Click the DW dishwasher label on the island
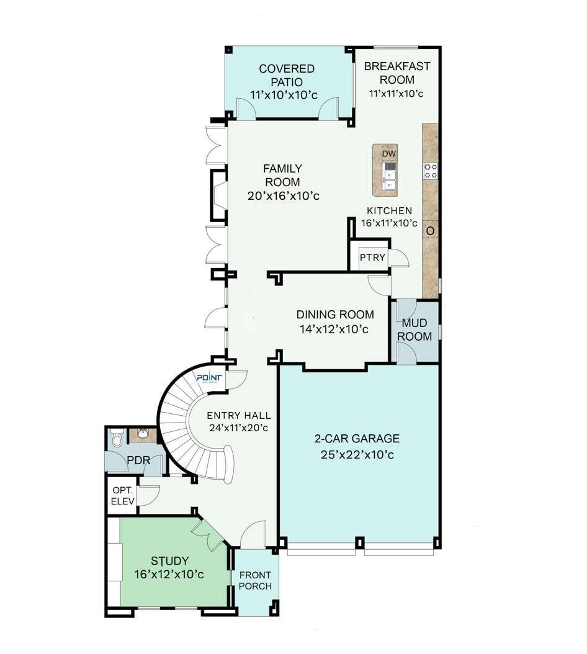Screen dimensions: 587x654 389,153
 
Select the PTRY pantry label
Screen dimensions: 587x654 372,258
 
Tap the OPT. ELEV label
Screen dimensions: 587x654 123,496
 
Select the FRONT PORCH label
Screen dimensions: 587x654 255,581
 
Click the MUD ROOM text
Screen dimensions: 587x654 414,329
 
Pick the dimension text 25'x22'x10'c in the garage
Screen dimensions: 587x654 357,455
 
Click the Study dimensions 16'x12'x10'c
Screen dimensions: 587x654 169,575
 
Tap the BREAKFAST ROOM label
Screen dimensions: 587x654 397,73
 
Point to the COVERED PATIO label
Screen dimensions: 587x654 286,75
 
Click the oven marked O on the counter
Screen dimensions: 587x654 430,231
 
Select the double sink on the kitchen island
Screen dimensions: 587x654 390,176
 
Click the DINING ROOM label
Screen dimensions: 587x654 335,315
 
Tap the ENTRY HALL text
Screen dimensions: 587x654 239,416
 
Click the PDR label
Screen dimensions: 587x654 138,460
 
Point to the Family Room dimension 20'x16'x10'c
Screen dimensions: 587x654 284,195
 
